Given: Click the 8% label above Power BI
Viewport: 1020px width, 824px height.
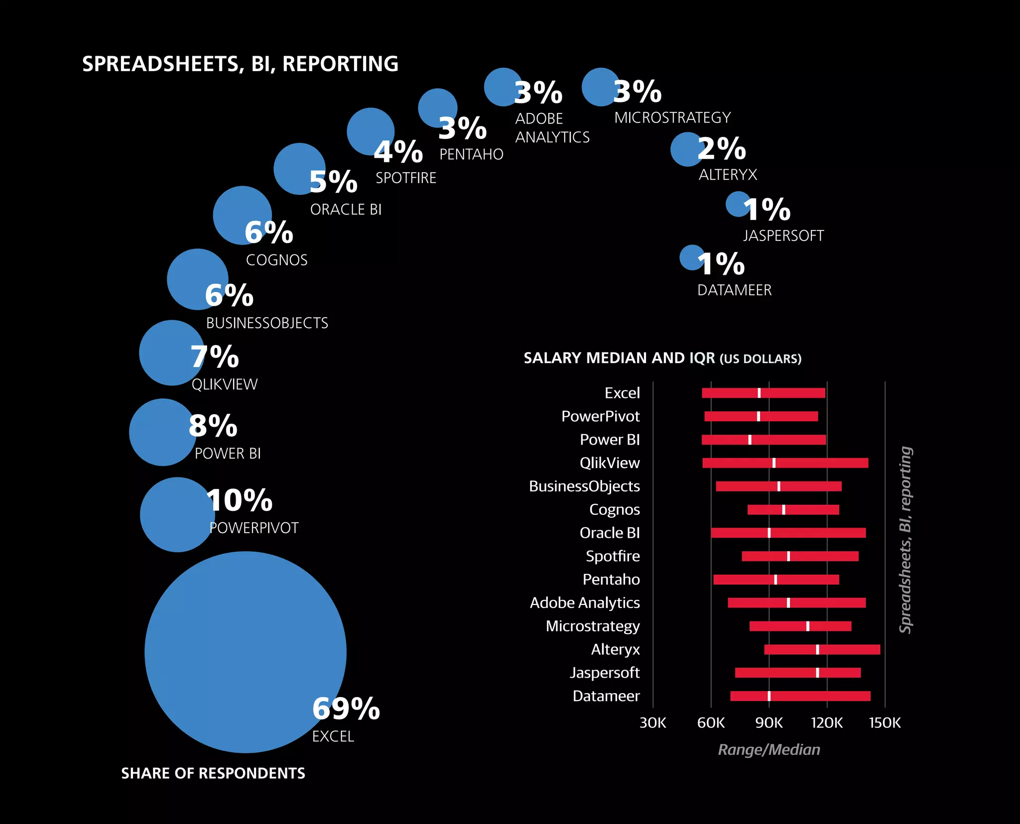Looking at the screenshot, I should click(x=213, y=426).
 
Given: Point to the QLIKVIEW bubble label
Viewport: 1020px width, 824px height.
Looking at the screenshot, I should click(x=225, y=384).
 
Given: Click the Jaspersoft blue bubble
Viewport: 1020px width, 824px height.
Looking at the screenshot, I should click(x=737, y=204).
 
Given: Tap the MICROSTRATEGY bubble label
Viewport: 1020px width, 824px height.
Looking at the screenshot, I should click(x=672, y=118).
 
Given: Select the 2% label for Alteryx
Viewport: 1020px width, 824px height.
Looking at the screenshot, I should click(x=721, y=148).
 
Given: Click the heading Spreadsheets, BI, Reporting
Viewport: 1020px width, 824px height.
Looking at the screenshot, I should click(x=240, y=64).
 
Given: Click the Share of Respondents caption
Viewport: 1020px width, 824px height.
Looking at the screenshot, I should click(x=213, y=773).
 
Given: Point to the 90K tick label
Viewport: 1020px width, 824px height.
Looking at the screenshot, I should click(x=768, y=722).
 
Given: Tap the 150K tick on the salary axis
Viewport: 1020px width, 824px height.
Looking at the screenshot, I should click(x=885, y=722).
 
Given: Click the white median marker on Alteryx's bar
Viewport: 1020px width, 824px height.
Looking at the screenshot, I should click(x=817, y=649).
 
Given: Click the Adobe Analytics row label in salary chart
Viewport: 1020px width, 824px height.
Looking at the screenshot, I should click(x=585, y=602).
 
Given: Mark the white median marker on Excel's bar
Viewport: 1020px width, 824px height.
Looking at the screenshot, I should click(x=759, y=393).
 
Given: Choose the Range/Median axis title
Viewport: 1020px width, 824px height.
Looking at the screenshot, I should click(x=768, y=749).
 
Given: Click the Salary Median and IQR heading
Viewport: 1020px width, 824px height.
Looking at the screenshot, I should click(x=662, y=358).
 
